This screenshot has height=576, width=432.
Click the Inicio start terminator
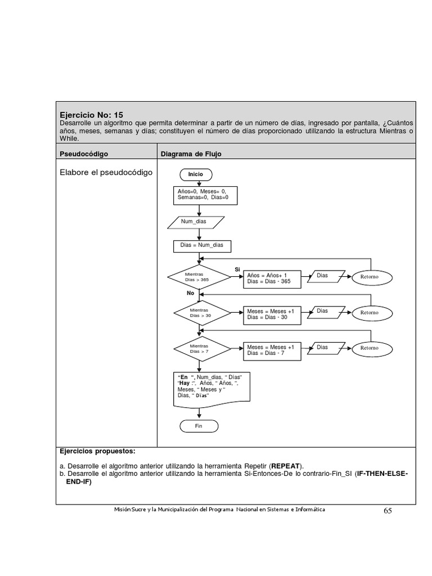point(195,174)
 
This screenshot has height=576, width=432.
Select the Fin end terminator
point(198,426)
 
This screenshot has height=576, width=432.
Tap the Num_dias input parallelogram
point(194,222)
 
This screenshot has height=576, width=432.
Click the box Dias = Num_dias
point(201,245)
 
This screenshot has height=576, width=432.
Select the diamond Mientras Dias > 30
point(201,313)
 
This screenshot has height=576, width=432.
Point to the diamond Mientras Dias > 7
point(201,348)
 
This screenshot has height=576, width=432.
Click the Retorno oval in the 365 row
point(370,277)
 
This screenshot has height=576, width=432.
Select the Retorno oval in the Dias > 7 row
point(370,348)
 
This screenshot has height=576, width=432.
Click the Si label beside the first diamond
point(237,269)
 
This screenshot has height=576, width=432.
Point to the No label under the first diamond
point(190,293)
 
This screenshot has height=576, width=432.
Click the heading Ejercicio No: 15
point(91,114)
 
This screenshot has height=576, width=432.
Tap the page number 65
point(388,511)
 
